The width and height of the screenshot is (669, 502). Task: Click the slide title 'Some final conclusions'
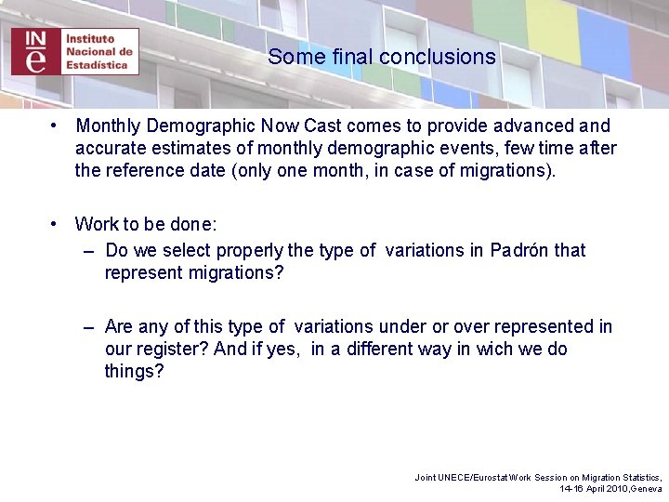click(x=382, y=57)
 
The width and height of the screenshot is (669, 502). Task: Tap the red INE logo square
click(x=35, y=51)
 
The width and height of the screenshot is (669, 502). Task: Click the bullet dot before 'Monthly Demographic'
click(x=56, y=125)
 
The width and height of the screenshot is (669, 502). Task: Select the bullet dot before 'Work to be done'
click(x=56, y=224)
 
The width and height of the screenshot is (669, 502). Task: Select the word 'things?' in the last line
click(x=134, y=372)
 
